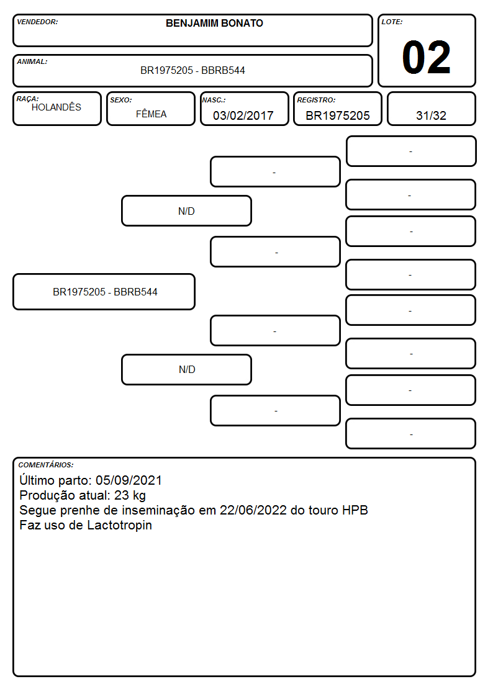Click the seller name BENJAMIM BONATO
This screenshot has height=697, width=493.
pos(214,23)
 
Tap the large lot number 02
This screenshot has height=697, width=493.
pos(427,57)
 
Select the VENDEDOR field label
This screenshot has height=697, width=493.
pos(37,22)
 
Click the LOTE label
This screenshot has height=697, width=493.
pos(392,22)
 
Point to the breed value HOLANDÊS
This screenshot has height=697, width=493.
pos(57,107)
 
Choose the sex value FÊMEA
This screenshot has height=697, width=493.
pos(151,114)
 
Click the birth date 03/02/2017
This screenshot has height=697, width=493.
pos(243,115)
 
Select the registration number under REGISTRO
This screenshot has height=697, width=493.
pos(337,115)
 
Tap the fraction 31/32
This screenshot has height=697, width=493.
pos(431,115)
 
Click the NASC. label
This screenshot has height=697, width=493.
pos(214,101)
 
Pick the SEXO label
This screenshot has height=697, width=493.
pos(121,101)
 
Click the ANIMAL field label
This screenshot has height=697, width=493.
pos(32,62)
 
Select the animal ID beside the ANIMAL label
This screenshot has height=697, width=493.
pos(192,70)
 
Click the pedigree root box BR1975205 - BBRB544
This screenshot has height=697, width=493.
pos(104,292)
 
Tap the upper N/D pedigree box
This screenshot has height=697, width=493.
pos(186,210)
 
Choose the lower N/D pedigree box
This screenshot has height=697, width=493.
pos(186,369)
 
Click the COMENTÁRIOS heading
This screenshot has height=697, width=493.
pos(46,465)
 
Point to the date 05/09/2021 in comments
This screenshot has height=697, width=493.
pos(129,480)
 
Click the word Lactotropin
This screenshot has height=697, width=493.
pos(119,526)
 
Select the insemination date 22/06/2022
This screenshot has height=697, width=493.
pos(253,510)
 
